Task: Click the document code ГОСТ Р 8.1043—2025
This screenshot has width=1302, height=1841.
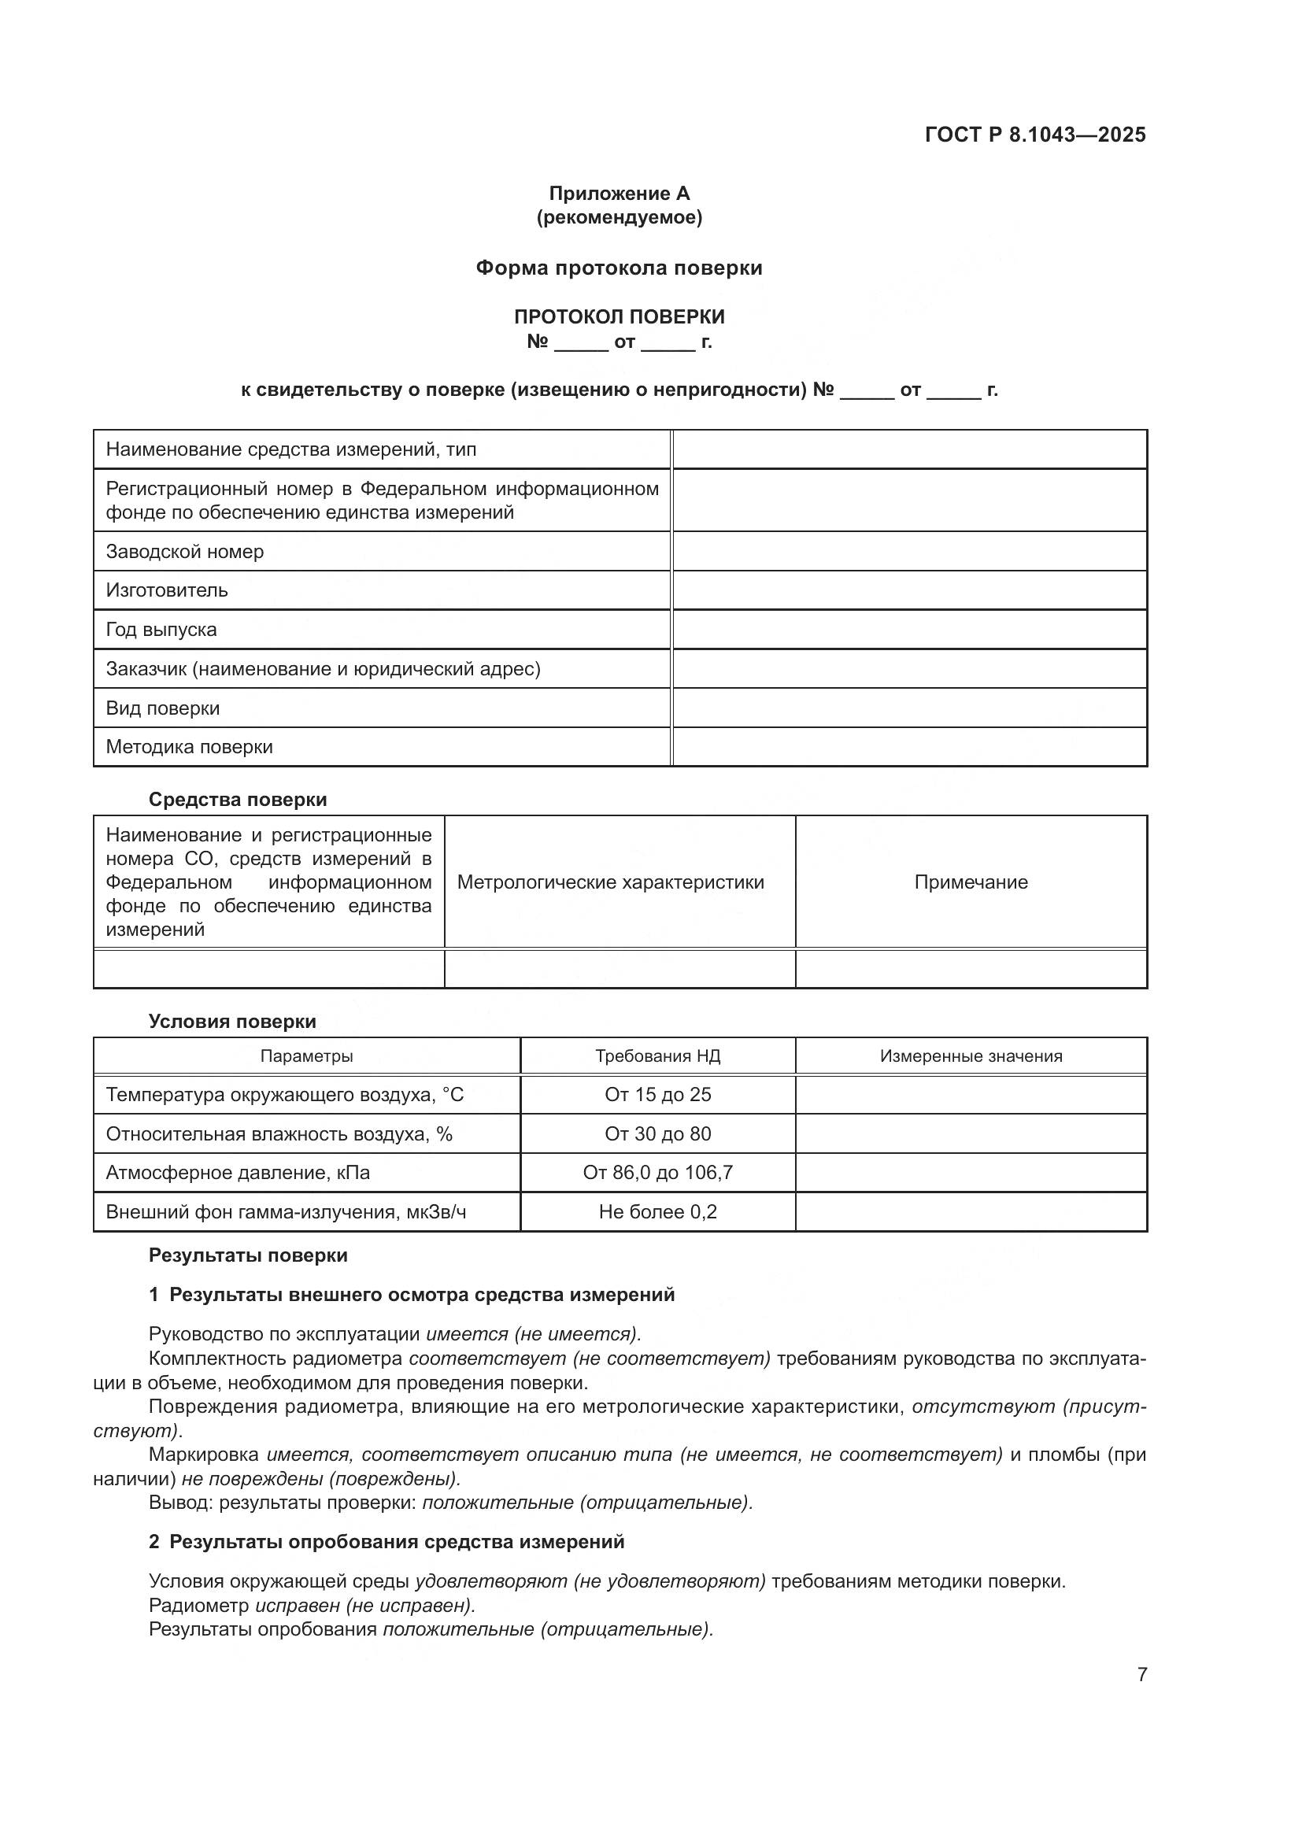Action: (1035, 135)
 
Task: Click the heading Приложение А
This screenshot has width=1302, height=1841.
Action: (619, 194)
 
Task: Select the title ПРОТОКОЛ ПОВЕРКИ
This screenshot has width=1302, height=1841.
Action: (619, 316)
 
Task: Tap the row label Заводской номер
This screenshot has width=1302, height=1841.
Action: (185, 552)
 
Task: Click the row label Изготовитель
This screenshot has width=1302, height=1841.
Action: (167, 590)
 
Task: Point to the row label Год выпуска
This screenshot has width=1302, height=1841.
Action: (161, 630)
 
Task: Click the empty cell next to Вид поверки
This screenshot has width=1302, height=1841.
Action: (909, 708)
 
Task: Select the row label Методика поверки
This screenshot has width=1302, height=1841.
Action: (189, 746)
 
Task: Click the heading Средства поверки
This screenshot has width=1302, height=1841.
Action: (237, 800)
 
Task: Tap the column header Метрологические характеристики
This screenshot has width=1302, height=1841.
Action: (610, 882)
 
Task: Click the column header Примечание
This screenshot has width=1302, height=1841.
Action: (971, 882)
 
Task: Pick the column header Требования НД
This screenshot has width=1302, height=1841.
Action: (657, 1056)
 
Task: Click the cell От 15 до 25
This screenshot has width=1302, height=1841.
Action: (657, 1095)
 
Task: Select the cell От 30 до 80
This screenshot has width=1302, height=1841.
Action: (657, 1133)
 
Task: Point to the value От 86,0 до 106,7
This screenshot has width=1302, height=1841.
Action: (657, 1172)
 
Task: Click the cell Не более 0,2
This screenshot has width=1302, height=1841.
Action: (657, 1211)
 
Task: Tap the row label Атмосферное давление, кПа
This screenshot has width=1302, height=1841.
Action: (238, 1172)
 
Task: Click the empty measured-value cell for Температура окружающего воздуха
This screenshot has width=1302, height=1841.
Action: (971, 1095)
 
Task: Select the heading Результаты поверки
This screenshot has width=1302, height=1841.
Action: (248, 1255)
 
